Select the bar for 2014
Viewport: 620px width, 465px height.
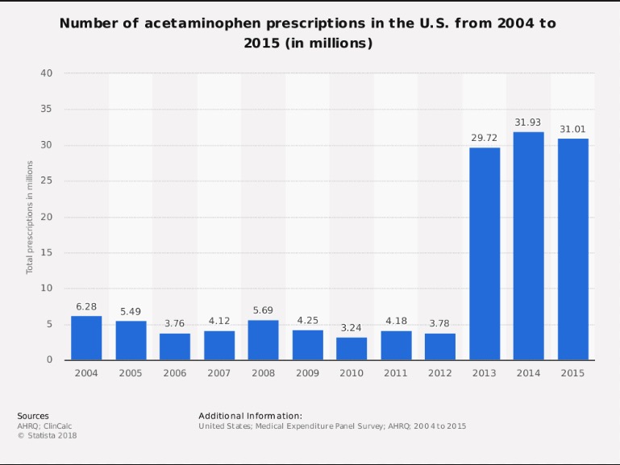click(529, 246)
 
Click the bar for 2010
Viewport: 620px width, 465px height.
click(352, 348)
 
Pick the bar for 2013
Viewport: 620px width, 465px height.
click(485, 254)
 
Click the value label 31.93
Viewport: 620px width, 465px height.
click(529, 122)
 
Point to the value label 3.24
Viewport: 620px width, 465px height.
click(352, 328)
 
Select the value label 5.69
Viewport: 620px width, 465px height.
click(263, 310)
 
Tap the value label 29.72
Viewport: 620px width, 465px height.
click(485, 138)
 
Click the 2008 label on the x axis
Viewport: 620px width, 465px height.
click(263, 374)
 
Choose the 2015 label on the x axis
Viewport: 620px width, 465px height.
click(573, 374)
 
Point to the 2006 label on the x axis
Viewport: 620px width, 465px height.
click(175, 374)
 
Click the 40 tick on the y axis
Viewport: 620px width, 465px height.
click(47, 73)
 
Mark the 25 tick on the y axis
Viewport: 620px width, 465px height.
click(47, 181)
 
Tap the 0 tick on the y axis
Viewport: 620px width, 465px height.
click(50, 359)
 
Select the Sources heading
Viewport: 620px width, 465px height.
click(32, 415)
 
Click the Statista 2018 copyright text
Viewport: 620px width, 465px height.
click(47, 435)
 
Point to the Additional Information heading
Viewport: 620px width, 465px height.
click(250, 415)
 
